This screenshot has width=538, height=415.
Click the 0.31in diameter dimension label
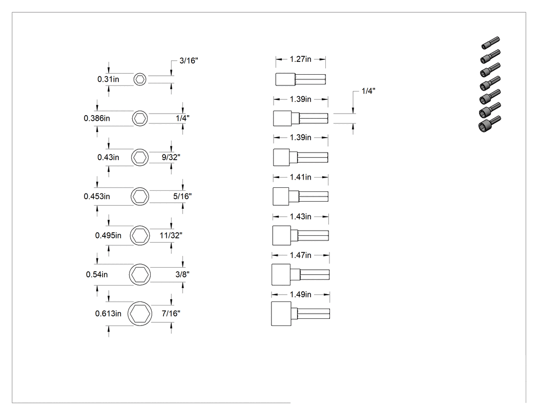(x=108, y=79)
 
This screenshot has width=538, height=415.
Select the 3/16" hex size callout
(x=189, y=61)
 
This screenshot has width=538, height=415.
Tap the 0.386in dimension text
(x=97, y=118)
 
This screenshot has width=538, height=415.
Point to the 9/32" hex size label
(x=171, y=157)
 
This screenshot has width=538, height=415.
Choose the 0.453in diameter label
(x=97, y=196)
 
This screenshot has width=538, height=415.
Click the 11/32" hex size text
(x=171, y=235)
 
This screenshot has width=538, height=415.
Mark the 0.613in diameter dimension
(x=108, y=314)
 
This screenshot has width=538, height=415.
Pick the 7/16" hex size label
(x=171, y=314)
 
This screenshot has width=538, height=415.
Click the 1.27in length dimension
(x=301, y=59)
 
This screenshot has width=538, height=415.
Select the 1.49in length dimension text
(x=301, y=295)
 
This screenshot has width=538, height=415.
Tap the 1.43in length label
(x=301, y=216)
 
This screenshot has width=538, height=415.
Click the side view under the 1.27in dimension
(x=301, y=79)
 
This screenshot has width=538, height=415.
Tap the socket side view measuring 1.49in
(x=301, y=314)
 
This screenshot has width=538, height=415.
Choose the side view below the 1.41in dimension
(x=301, y=196)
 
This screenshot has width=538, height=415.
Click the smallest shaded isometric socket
(x=490, y=43)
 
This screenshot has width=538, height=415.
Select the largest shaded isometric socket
(x=490, y=124)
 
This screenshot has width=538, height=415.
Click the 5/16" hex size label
(x=182, y=196)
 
